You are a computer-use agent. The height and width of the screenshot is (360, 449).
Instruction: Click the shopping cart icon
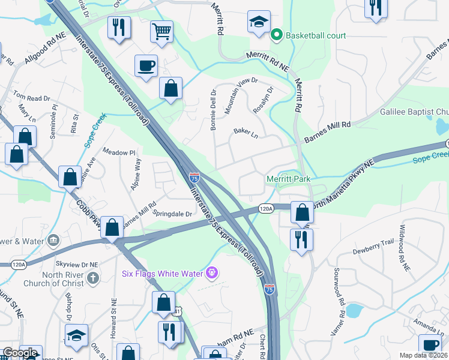click(x=162, y=31)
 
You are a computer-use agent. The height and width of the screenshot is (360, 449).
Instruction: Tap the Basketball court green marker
click(x=277, y=35)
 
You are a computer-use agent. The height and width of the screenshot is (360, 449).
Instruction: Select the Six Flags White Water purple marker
click(x=211, y=273)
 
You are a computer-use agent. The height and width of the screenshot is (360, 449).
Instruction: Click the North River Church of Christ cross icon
click(x=92, y=278)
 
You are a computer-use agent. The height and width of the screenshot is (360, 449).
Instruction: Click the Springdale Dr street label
click(x=173, y=214)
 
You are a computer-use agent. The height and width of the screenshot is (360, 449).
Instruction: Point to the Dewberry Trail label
click(x=373, y=247)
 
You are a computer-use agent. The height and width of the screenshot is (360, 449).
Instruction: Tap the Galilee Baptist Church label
click(x=414, y=112)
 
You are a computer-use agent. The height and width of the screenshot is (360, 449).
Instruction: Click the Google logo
click(x=20, y=353)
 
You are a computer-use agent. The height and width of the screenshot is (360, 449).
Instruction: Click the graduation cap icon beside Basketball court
click(x=259, y=22)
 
